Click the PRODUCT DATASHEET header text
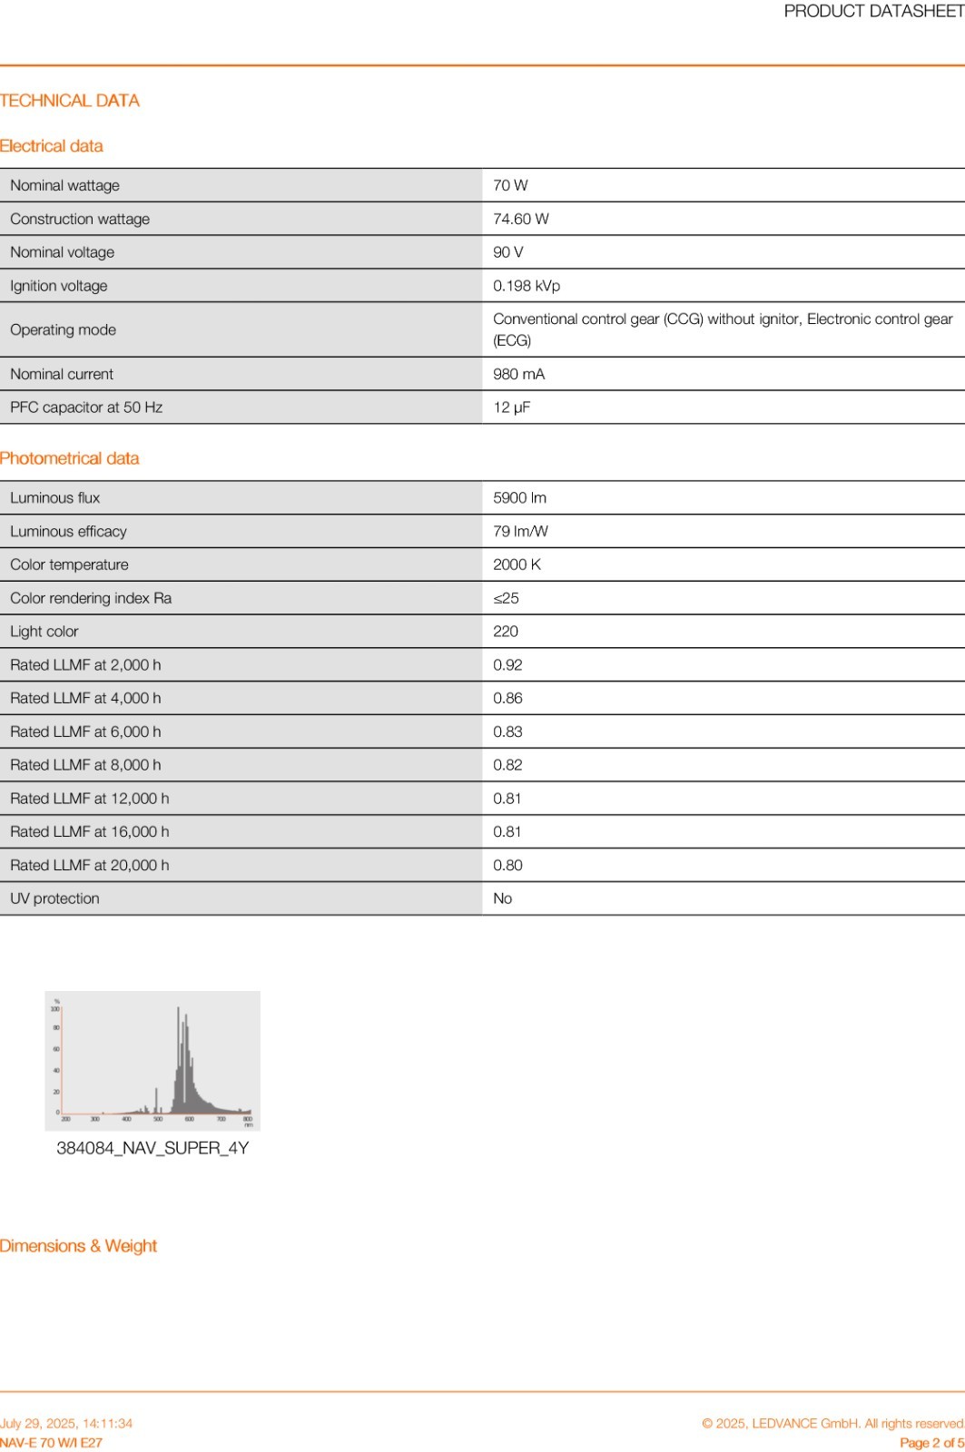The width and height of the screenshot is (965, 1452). (x=873, y=11)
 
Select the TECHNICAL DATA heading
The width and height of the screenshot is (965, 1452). (x=70, y=101)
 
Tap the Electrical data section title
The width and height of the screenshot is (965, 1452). (x=52, y=146)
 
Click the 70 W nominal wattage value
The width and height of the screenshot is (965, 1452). (x=510, y=185)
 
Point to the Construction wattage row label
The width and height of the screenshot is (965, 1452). (x=80, y=219)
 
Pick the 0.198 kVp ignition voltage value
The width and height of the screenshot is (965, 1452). (x=527, y=286)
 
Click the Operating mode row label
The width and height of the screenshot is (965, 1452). (x=63, y=329)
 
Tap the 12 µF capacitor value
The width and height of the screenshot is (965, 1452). (x=511, y=407)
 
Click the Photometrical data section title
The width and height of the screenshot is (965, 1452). (x=70, y=458)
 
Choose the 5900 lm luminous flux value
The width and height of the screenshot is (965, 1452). (x=519, y=497)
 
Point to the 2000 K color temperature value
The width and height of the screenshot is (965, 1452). (x=517, y=564)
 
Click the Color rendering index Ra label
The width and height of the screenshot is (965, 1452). (x=91, y=598)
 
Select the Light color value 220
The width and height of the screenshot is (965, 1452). (x=506, y=632)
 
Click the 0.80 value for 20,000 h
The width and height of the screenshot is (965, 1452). (x=507, y=865)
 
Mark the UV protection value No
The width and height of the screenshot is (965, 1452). (x=502, y=898)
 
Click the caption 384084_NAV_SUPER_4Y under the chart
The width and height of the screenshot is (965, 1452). (x=153, y=1148)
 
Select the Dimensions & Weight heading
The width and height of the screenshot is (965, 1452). (x=79, y=1246)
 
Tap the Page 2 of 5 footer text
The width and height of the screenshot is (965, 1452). (x=931, y=1443)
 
